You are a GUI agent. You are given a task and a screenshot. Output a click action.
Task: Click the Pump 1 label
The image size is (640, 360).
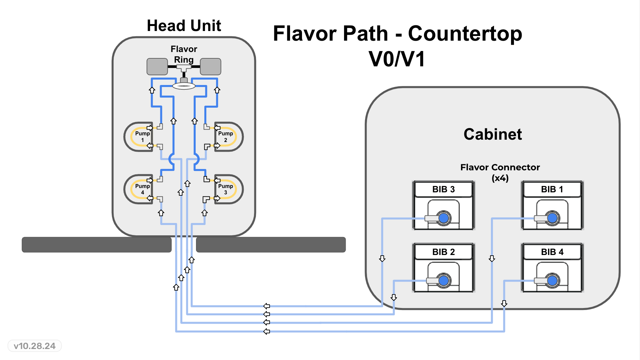click(x=142, y=137)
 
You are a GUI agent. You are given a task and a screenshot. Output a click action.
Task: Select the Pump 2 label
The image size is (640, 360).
click(x=225, y=137)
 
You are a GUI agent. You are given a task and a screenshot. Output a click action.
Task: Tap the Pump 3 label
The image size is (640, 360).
click(x=225, y=189)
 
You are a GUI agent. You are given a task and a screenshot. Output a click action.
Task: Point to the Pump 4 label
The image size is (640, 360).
click(x=142, y=189)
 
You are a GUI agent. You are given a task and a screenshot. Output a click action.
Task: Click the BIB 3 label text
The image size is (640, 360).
click(x=443, y=189)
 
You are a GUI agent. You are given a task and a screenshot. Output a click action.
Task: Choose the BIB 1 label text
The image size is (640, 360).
click(x=552, y=189)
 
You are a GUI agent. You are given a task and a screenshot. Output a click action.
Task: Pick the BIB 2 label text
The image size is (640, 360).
click(x=443, y=252)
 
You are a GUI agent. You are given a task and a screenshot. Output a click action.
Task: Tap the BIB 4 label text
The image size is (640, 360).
click(x=552, y=252)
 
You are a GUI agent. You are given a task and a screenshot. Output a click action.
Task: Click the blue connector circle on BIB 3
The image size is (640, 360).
click(x=444, y=218)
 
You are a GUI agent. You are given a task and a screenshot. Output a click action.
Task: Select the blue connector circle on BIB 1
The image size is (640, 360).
click(x=552, y=218)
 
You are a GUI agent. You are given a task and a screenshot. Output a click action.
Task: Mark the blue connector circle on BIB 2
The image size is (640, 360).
click(x=444, y=280)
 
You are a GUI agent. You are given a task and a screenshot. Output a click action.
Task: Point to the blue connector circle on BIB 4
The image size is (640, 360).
click(x=552, y=280)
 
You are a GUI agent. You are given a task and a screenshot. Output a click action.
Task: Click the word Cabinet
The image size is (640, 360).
click(x=493, y=134)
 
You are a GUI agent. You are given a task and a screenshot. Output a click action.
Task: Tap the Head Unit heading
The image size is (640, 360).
click(x=184, y=26)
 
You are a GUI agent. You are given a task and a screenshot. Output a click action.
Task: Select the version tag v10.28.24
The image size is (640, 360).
click(x=35, y=346)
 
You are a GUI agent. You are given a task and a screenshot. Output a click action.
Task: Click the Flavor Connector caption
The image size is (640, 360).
click(x=500, y=172)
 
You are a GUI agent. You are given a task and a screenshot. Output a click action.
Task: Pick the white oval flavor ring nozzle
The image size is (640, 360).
click(x=184, y=86)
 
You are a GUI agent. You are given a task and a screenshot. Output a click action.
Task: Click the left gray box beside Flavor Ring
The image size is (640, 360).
click(x=157, y=67)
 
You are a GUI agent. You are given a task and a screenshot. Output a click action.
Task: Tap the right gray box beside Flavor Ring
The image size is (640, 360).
click(x=210, y=67)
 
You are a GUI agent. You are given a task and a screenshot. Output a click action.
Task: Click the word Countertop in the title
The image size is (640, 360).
click(x=465, y=34)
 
